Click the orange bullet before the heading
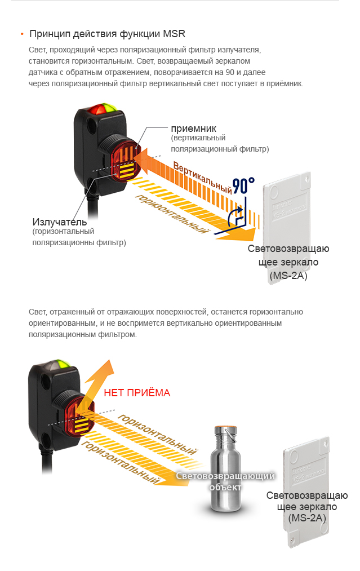[21, 34]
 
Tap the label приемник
[193, 129]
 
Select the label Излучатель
[59, 221]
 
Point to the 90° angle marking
[243, 185]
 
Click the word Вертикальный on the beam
[203, 178]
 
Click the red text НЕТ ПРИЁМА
[137, 393]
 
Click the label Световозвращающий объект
[225, 481]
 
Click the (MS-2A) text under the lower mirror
[307, 517]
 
